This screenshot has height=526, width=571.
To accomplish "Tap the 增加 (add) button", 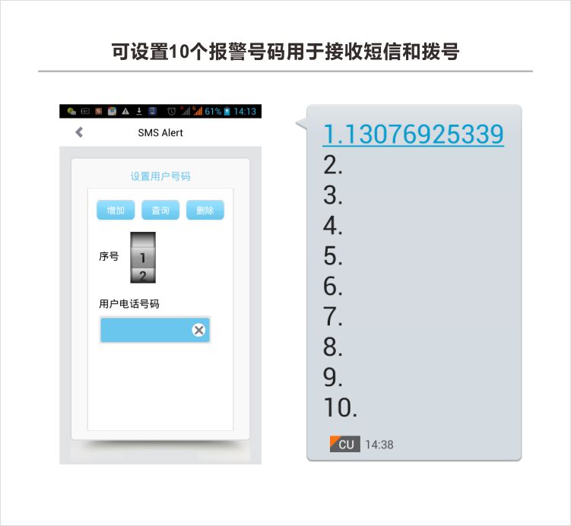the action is coord(116,210).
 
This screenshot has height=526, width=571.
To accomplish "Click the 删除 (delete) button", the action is coord(205,210).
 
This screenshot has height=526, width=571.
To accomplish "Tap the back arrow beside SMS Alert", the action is coord(79,132).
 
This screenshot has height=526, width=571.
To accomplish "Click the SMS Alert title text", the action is coord(160,133).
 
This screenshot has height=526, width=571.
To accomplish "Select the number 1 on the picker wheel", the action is coord(143,258).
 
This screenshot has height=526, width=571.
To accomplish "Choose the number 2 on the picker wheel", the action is coord(143,276).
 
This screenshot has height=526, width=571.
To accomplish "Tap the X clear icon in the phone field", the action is coord(198,330).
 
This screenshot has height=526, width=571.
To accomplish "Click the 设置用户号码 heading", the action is coord(160,176).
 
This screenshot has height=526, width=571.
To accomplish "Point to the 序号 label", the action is coord(109,256).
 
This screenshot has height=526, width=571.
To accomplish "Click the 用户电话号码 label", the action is coord(129,303).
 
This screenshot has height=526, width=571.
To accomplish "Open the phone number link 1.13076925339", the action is coord(414,134).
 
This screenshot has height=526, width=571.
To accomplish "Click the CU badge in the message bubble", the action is coord(345,444).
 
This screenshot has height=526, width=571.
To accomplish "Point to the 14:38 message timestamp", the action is coord(379,445).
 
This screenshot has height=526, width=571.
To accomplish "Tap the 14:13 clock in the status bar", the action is coord(245,112).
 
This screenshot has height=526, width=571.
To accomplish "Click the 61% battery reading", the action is coord(213,112).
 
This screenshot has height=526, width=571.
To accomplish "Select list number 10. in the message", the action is coord(340,407).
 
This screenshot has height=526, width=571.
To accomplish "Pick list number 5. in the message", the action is coord(332,255).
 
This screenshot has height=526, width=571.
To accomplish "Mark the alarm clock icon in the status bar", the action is coord(171,111).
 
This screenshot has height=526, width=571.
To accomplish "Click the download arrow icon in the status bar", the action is coord(138,111).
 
